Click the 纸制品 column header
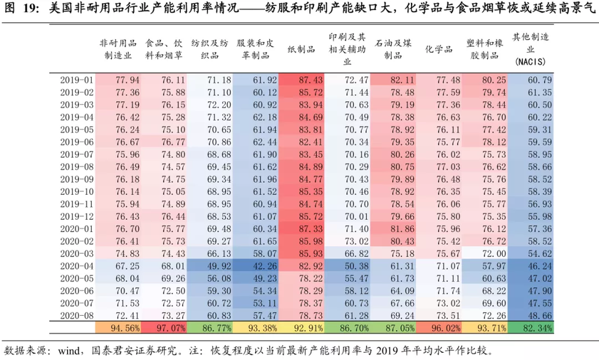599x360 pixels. click(301, 49)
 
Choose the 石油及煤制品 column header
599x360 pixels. click(392, 49)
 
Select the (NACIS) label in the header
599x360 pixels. click(531, 62)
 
